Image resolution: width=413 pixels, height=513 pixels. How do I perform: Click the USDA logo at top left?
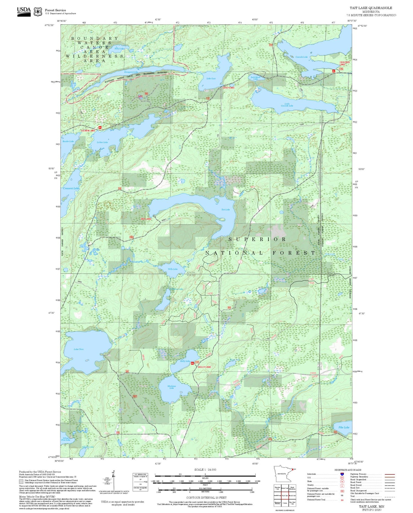coord(24,11)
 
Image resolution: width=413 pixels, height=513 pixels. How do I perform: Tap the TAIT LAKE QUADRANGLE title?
coord(371,8)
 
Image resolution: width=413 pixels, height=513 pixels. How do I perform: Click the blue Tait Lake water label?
coord(225,209)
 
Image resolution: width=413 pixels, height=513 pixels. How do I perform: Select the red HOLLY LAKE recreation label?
coord(204,367)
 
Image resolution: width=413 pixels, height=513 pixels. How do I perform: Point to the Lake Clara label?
coord(78,349)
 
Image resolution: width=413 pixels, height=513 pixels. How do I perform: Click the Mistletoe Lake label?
coord(172,387)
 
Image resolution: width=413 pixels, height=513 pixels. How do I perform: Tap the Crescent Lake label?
coord(71,188)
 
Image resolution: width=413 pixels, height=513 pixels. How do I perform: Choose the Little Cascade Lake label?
coord(287,105)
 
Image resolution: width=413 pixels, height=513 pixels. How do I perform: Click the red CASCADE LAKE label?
coord(345,63)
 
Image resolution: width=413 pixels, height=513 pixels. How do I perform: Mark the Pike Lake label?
coord(344,427)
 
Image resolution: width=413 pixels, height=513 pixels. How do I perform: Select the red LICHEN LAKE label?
coord(88,130)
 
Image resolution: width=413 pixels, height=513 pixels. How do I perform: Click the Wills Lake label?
coord(173,269)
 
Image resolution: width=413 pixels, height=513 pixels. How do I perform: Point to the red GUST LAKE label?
coord(229,88)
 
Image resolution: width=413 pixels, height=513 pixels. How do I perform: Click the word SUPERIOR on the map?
coord(257,239)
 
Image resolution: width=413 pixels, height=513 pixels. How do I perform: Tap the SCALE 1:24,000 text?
coord(205,469)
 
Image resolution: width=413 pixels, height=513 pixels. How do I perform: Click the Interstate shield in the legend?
coord(342,474)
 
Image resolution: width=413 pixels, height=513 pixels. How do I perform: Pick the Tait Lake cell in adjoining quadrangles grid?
coord(285,495)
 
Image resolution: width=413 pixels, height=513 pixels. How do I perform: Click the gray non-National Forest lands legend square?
coord(21,482)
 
